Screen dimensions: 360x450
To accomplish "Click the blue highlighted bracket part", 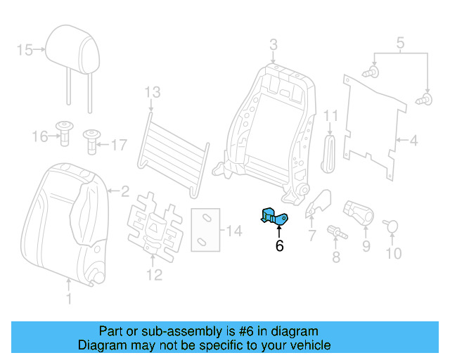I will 274,217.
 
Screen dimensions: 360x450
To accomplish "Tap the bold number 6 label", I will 279,246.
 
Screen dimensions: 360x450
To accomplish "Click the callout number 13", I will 152,92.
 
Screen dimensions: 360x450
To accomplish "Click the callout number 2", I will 125,190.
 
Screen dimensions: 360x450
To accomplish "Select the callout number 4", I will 413,141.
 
